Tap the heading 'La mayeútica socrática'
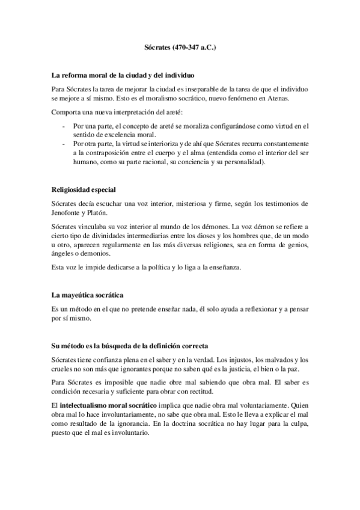pyautogui.click(x=88, y=296)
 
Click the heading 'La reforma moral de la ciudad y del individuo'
pyautogui.click(x=123, y=76)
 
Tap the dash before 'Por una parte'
pyautogui.click(x=64, y=126)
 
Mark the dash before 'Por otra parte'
pyautogui.click(x=64, y=144)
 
